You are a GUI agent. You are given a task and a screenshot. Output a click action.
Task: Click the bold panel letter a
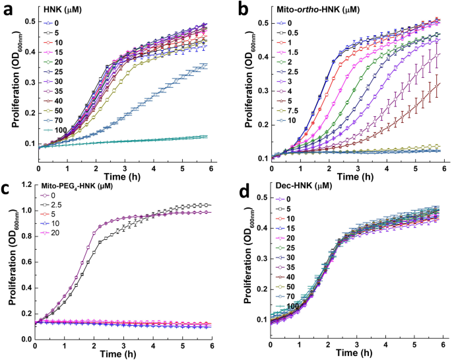9,9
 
